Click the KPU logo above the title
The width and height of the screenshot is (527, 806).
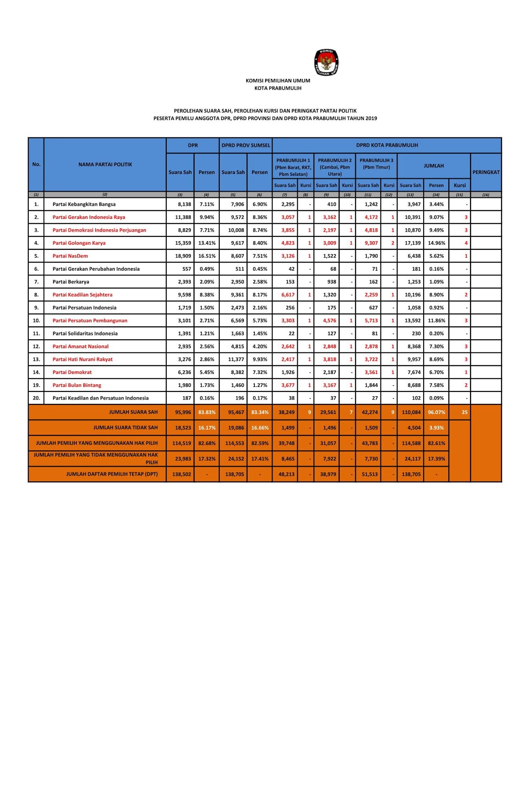326,62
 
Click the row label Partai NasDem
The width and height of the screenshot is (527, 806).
70,256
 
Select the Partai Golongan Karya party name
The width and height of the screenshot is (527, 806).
79,243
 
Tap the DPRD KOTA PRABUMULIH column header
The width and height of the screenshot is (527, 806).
387,145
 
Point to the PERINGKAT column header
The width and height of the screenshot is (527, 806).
486,172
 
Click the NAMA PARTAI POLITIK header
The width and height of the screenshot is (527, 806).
105,165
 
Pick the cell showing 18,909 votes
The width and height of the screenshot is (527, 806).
183,256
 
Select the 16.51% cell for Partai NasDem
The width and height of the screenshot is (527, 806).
206,256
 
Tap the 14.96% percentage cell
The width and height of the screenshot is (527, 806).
436,243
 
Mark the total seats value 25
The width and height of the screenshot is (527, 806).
464,412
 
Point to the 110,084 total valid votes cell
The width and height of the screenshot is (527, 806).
411,412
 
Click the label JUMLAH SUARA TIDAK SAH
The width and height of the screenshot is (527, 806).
125,427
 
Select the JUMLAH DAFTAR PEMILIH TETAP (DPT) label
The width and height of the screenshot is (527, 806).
112,474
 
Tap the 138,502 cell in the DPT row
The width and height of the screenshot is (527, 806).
181,474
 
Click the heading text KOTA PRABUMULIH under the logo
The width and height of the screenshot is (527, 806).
278,88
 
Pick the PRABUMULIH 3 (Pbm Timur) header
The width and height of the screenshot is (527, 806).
376,164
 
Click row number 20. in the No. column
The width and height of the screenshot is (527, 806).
36,398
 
